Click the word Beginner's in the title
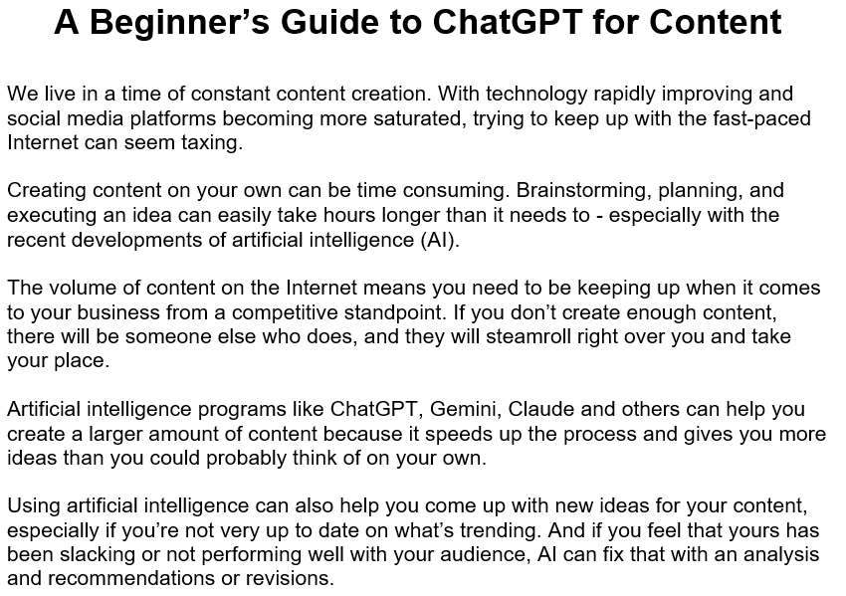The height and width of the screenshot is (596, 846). [x=180, y=22]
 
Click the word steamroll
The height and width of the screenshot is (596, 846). [x=490, y=336]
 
